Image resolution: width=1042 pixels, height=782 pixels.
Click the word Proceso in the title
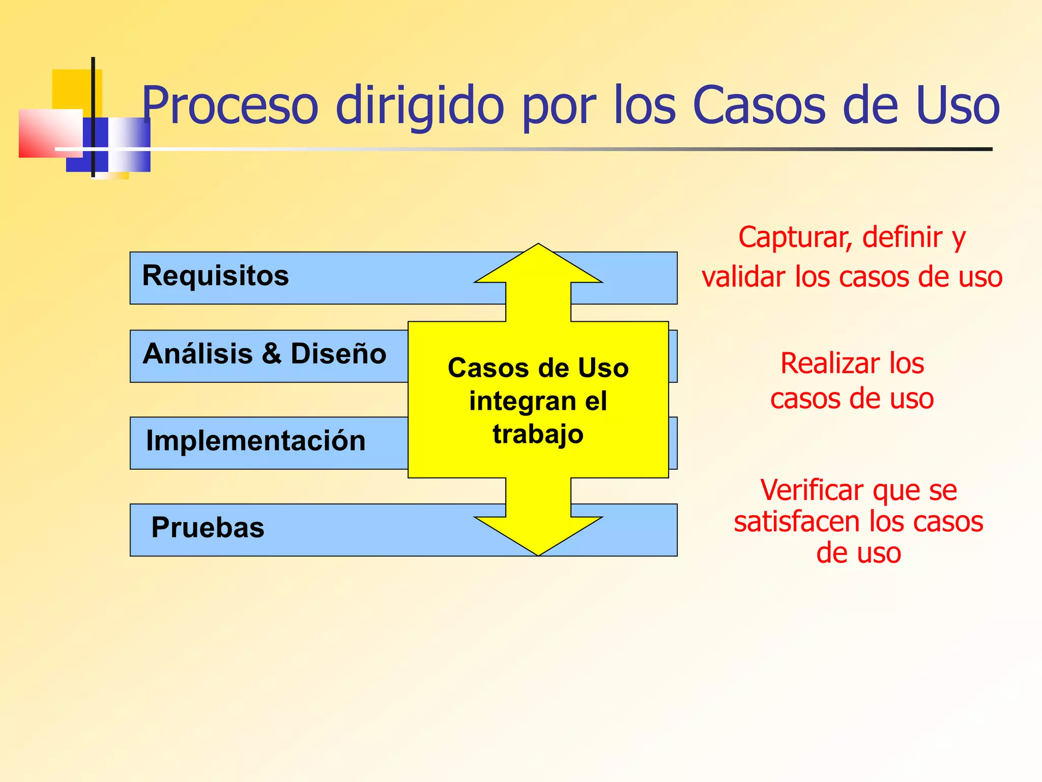coord(229,105)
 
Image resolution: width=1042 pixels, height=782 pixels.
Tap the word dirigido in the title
coord(419,105)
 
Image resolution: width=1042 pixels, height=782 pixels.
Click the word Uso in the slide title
coord(957,105)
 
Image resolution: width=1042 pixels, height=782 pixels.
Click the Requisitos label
coord(215,276)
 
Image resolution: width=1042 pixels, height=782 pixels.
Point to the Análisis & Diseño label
coord(264,354)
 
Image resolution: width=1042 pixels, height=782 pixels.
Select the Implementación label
coord(255,441)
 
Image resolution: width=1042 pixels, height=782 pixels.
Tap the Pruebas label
coord(208,528)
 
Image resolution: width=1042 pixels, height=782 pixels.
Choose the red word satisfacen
coord(797,522)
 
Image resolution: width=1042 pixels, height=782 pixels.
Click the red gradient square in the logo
coord(46,133)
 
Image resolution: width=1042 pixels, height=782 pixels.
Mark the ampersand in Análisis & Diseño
coord(272,354)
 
